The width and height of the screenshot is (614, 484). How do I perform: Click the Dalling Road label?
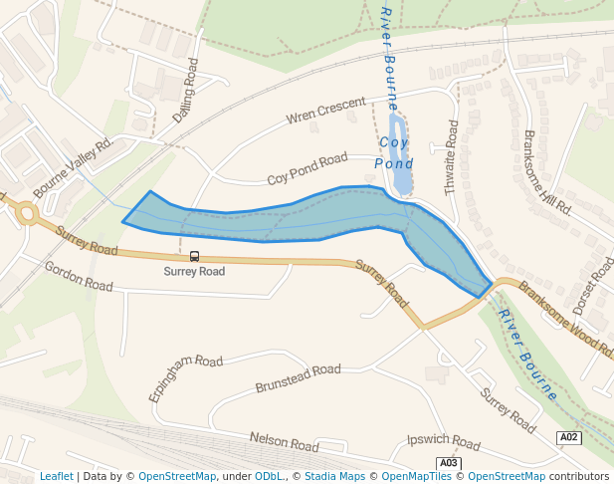[x=186, y=91]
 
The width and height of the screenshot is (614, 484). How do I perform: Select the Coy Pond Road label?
[x=307, y=169]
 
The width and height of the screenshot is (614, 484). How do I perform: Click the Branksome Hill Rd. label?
[x=546, y=172]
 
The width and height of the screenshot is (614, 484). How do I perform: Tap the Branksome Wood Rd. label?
[x=566, y=318]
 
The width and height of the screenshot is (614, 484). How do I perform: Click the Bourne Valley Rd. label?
[x=74, y=166]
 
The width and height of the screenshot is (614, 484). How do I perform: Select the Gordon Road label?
[x=79, y=277]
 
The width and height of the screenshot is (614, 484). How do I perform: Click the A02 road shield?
[x=567, y=437]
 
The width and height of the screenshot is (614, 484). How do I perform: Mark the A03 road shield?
[x=449, y=463]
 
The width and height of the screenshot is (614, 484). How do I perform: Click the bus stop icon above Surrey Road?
[x=194, y=255]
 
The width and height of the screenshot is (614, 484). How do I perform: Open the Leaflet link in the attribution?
[x=57, y=476]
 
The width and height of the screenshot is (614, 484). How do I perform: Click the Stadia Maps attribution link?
[x=335, y=476]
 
